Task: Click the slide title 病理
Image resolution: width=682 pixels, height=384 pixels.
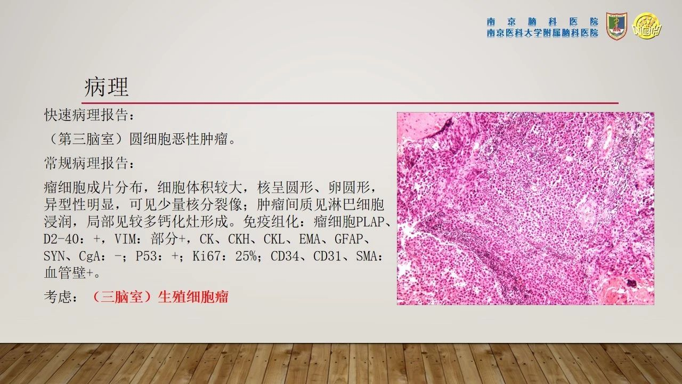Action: coord(107,87)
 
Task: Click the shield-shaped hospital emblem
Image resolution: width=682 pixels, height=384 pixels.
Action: coord(616,26)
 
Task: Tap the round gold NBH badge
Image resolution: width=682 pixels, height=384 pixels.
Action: coord(647,26)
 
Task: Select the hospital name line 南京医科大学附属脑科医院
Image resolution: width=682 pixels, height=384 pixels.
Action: coord(542,33)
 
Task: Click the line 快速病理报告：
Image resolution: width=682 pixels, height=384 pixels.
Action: coord(90,115)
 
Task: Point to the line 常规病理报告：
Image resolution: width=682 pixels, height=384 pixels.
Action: coord(90,163)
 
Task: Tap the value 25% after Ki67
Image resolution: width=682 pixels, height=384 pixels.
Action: coord(246,257)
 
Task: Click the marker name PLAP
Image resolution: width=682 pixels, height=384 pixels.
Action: coord(370,222)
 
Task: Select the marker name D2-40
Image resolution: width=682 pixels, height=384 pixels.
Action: coord(61,239)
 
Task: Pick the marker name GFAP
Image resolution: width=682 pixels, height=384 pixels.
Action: coord(348,239)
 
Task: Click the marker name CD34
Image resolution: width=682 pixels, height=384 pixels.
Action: coord(285,257)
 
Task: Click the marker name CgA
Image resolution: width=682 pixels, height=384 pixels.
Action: coord(90,257)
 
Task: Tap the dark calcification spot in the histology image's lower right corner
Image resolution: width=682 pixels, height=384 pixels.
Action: coord(631,283)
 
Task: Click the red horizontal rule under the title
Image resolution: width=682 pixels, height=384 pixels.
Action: coord(350,103)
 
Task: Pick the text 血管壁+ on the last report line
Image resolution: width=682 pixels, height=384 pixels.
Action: coord(68,273)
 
